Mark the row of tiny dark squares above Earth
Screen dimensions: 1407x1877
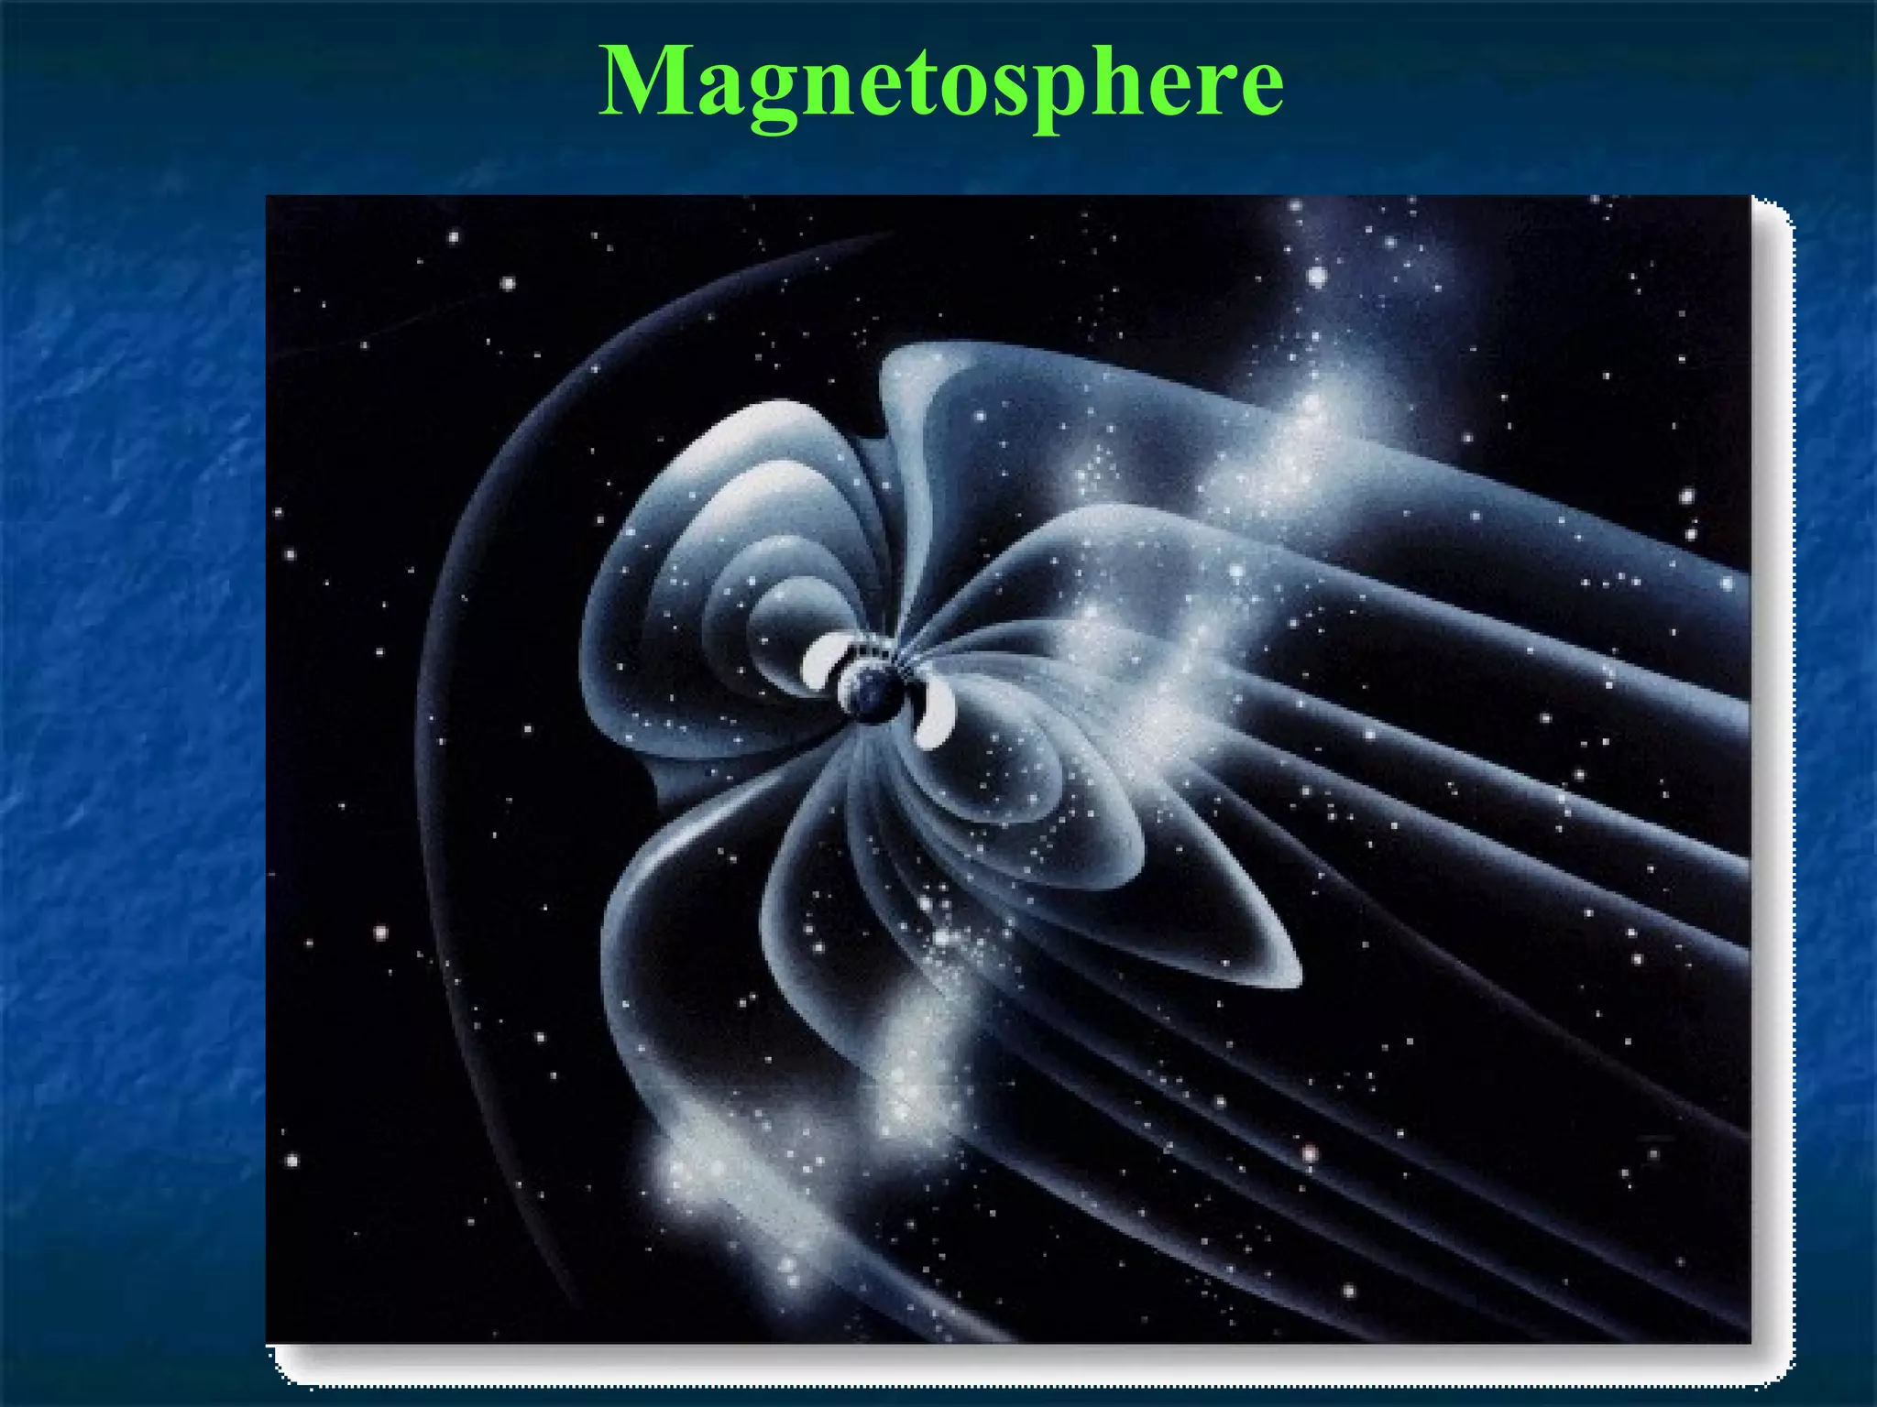pyautogui.click(x=871, y=652)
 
